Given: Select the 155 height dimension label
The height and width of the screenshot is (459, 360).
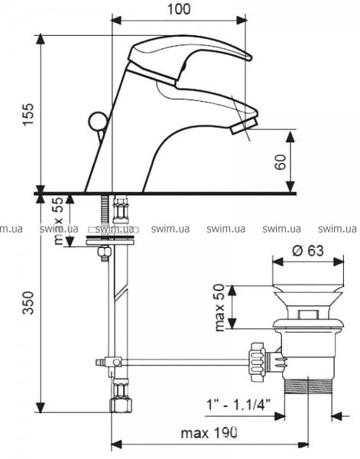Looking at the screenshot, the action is (x=29, y=114).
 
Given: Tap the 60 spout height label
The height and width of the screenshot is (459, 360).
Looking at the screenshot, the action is (x=281, y=162).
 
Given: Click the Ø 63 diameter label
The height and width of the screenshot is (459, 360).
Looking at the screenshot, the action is (x=308, y=251).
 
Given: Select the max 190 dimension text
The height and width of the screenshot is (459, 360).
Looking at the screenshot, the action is (x=209, y=432).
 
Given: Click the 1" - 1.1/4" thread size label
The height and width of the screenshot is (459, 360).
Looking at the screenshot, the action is (x=238, y=405).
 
